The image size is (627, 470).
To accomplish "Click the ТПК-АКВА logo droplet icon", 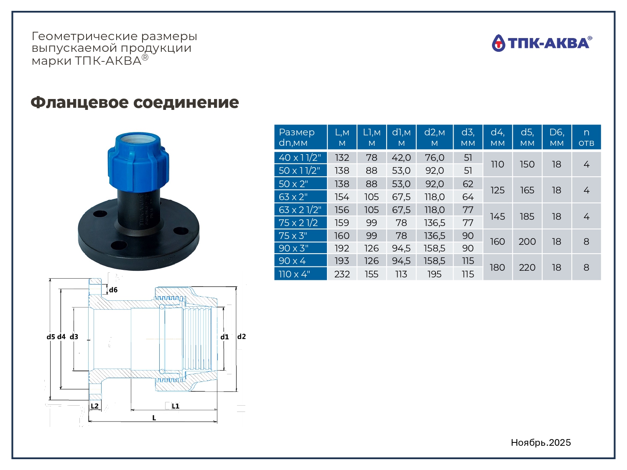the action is pyautogui.click(x=498, y=43).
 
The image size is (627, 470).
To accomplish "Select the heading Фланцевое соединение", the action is pyautogui.click(x=135, y=102).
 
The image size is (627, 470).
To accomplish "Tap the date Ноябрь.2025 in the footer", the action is pyautogui.click(x=541, y=442).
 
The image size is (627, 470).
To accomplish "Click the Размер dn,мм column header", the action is pyautogui.click(x=301, y=137).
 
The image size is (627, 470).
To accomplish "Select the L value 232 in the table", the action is pyautogui.click(x=342, y=274).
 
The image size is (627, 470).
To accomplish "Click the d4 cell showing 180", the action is pyautogui.click(x=497, y=267).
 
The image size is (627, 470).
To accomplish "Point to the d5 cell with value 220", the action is pyautogui.click(x=527, y=267).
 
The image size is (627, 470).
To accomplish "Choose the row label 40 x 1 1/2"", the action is pyautogui.click(x=301, y=158).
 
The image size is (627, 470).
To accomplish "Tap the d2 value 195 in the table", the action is pyautogui.click(x=434, y=274).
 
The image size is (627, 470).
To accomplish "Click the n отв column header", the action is pyautogui.click(x=586, y=137).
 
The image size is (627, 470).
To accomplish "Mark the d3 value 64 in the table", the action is pyautogui.click(x=468, y=197).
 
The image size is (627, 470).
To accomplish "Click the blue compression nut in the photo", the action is pyautogui.click(x=138, y=162).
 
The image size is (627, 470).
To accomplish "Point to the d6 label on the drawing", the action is pyautogui.click(x=113, y=290).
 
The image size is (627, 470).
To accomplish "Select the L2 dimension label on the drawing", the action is pyautogui.click(x=94, y=406).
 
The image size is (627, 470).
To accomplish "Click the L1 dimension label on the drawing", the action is pyautogui.click(x=176, y=406).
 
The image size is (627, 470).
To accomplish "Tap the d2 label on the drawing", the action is pyautogui.click(x=241, y=336).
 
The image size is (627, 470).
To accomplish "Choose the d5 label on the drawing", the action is pyautogui.click(x=51, y=337).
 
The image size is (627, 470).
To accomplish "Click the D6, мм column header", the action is pyautogui.click(x=557, y=137).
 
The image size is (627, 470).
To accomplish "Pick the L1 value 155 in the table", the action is pyautogui.click(x=372, y=274).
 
